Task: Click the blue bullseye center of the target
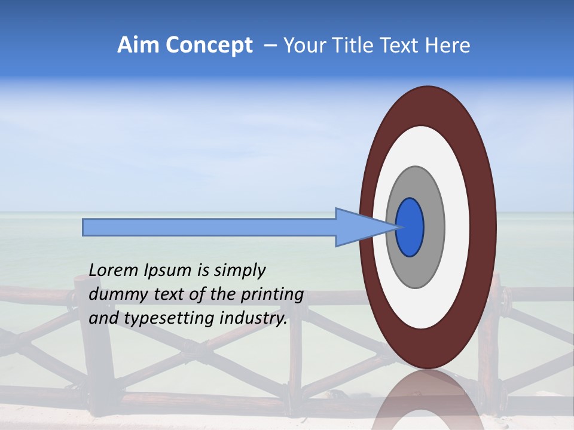pos(410,228)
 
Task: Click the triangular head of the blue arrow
pos(359,228)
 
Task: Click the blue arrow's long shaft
pos(209,228)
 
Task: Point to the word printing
pos(271,294)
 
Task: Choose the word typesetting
pos(159,318)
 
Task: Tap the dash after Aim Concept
pos(270,45)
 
